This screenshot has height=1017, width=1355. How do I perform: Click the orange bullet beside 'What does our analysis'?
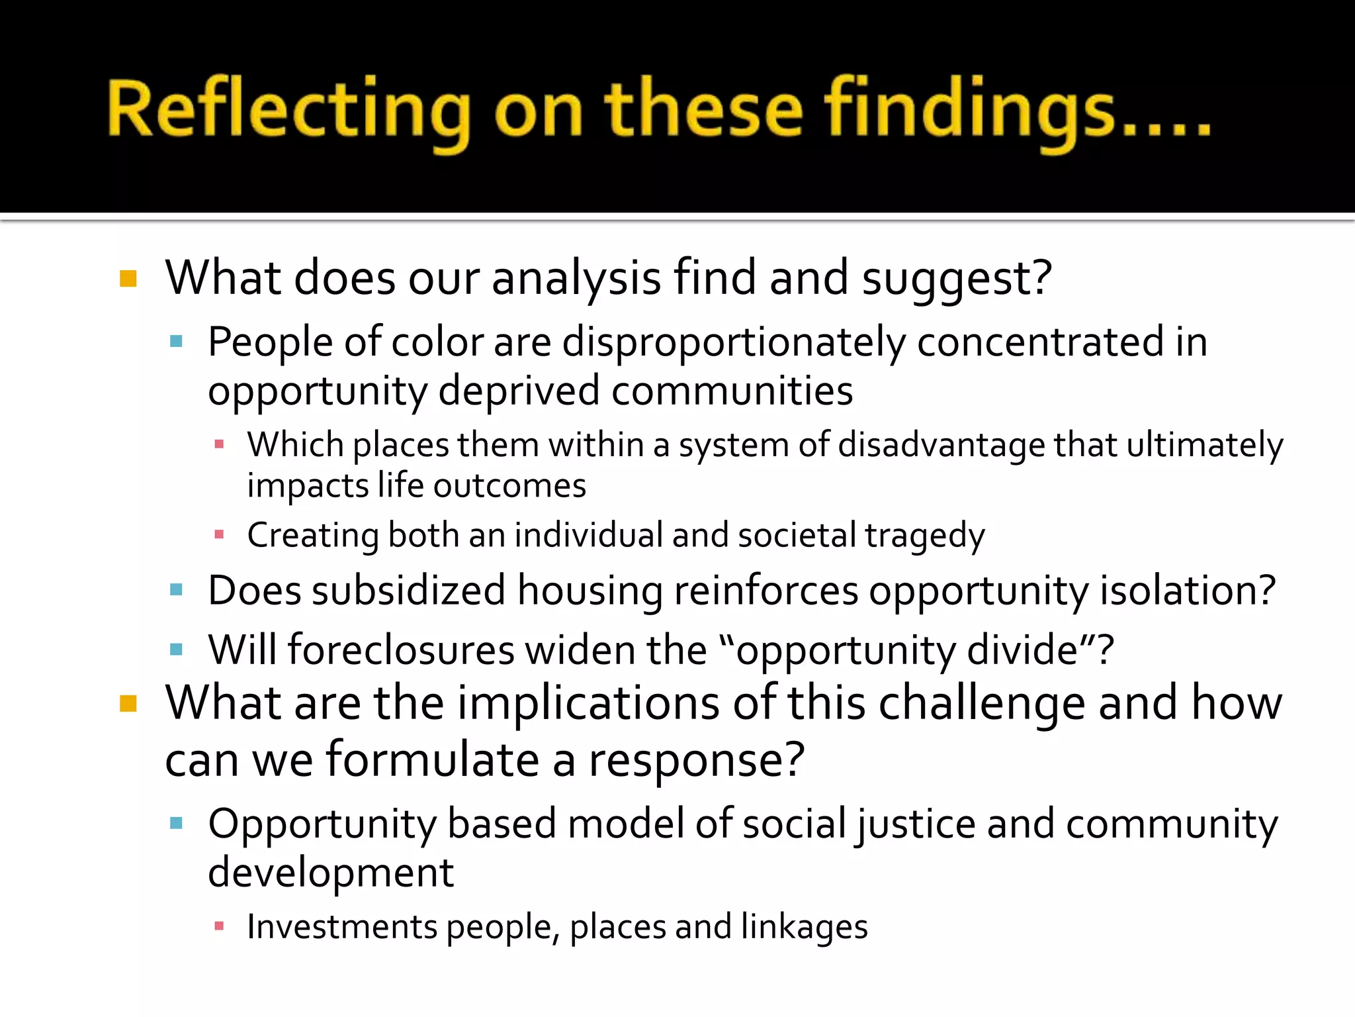128,279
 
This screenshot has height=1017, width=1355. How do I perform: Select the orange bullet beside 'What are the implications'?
128,703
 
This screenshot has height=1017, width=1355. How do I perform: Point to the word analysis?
576,279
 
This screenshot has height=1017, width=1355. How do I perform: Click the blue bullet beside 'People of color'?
176,342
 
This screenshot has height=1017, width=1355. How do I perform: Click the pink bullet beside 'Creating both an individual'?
220,534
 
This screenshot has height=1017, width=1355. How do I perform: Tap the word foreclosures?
401,650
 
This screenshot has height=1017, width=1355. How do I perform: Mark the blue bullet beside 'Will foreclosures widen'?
176,649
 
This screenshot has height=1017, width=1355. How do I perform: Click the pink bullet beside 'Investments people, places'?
220,926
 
